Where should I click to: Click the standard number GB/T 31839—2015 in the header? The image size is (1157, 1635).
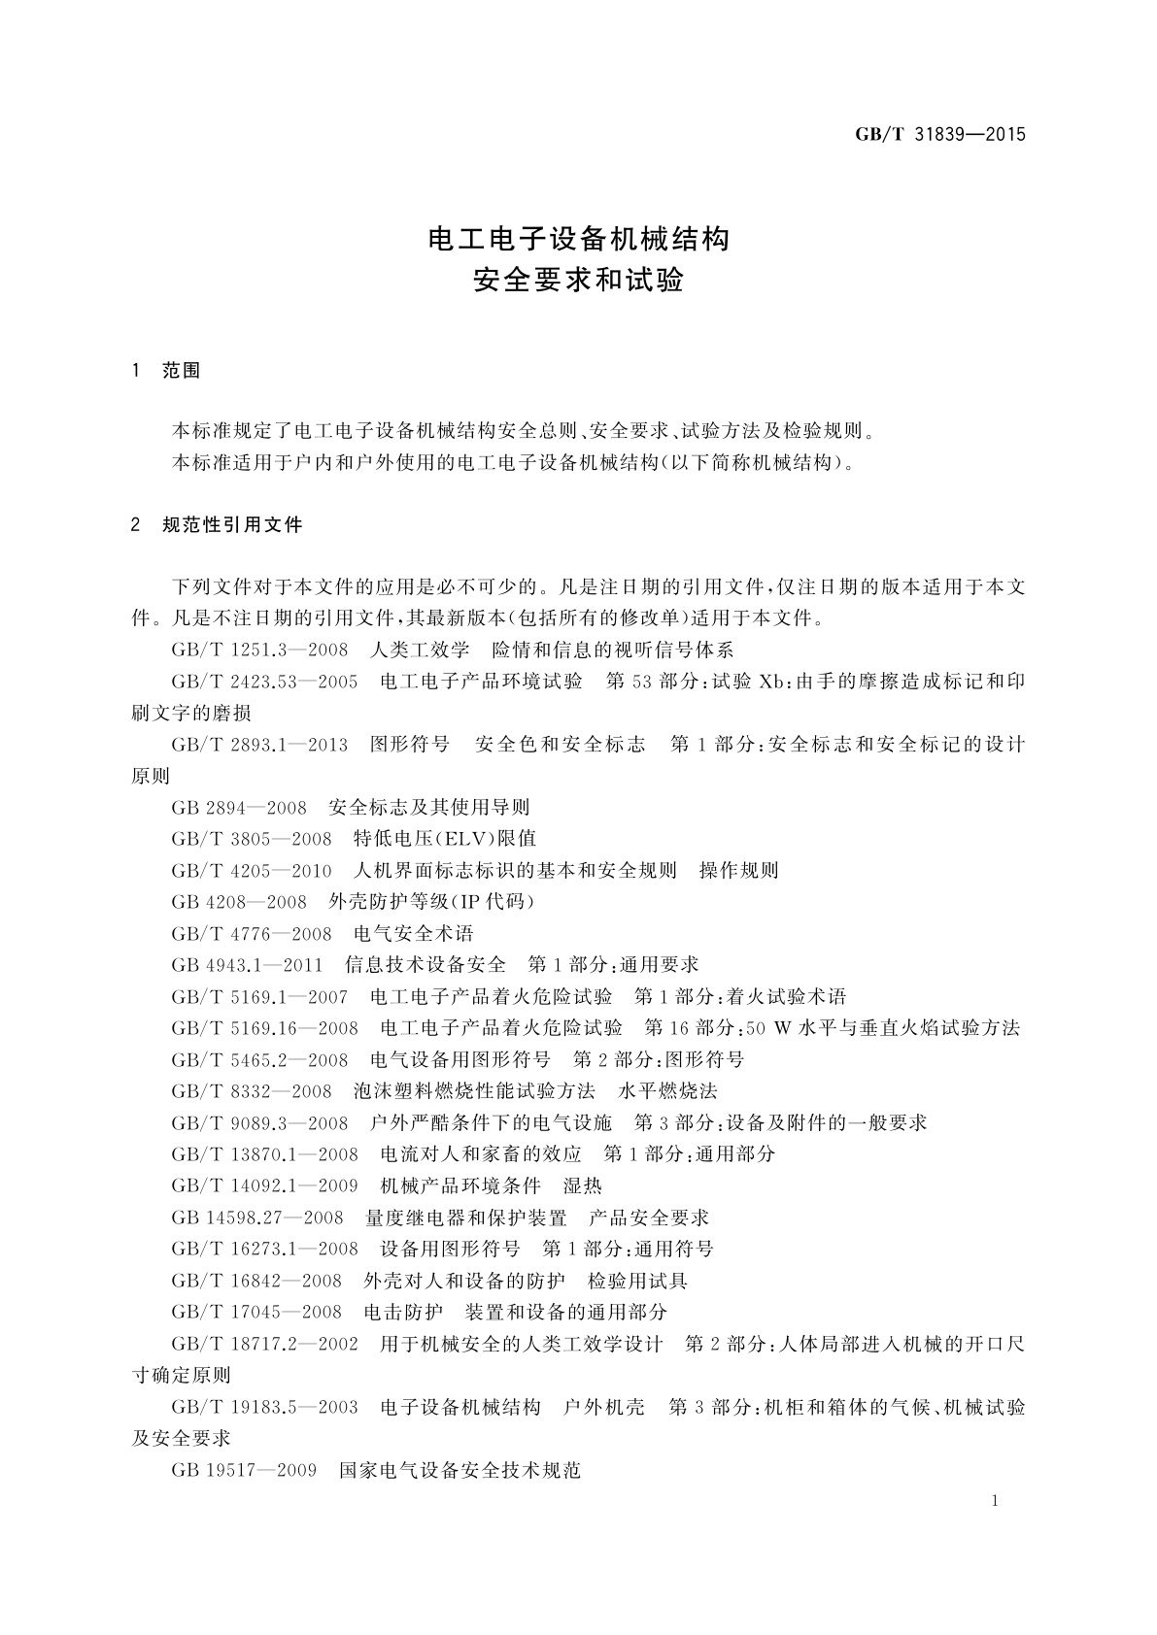(939, 135)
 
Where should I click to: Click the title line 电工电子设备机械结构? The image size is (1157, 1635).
(579, 239)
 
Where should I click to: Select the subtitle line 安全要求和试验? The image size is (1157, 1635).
(579, 281)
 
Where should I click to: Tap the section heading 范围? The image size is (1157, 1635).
(182, 371)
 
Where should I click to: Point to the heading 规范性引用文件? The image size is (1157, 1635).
(233, 525)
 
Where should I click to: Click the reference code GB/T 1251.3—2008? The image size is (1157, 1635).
(259, 650)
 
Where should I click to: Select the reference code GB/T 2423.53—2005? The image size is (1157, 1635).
(264, 682)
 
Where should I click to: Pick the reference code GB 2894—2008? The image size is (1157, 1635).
(239, 808)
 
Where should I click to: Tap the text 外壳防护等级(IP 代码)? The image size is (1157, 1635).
(432, 902)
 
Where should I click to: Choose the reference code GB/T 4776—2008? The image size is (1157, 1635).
(252, 934)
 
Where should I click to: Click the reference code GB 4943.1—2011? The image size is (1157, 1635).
(247, 965)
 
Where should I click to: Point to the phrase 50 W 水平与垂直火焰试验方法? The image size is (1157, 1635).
(884, 1028)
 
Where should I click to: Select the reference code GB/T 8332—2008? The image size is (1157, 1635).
(252, 1091)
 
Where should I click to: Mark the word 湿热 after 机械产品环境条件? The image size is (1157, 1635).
(583, 1186)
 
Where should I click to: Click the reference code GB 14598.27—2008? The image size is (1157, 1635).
(257, 1218)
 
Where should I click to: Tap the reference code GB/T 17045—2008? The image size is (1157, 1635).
(256, 1313)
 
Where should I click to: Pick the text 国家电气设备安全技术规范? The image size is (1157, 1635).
(459, 1470)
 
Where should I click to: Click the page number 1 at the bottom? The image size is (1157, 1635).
(995, 1501)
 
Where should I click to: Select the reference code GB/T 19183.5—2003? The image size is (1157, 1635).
(264, 1407)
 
